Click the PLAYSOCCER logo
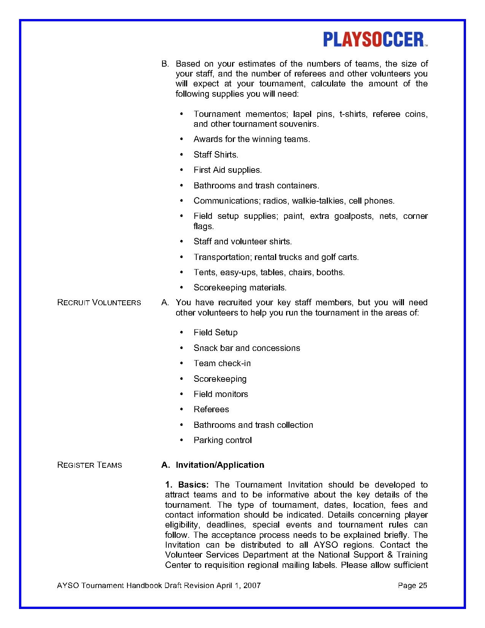pos(375,40)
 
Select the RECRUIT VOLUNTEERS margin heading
pos(99,303)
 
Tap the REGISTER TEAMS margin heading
pos(89,465)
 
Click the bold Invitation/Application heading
pos(219,465)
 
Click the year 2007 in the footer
pos(252,585)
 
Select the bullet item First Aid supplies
pos(227,170)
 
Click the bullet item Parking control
pos(223,440)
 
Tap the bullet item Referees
pos(211,410)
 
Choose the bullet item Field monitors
pos(221,394)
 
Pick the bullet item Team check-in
pos(222,363)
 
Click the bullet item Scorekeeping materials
pos(240,288)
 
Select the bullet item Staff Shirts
pos(216,155)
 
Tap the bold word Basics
pos(193,485)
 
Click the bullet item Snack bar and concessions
pos(246,348)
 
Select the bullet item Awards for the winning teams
pos(252,139)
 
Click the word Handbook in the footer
pos(145,585)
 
